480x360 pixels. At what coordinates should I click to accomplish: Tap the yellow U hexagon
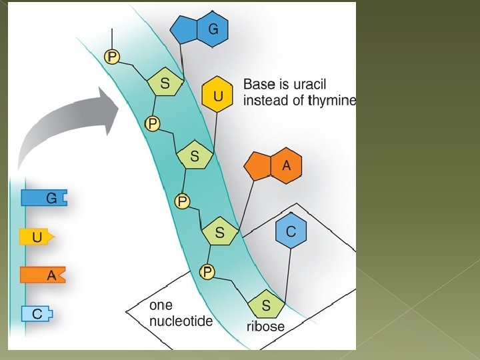[x=217, y=96]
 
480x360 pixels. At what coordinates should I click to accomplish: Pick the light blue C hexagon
[x=291, y=231]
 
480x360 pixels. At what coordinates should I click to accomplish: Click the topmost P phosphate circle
[x=112, y=57]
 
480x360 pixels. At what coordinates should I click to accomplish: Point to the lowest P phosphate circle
[x=207, y=271]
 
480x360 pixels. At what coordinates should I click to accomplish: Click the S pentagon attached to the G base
[x=165, y=83]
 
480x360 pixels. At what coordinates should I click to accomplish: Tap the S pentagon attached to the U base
[x=194, y=156]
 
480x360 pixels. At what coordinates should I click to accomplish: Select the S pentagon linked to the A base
[x=219, y=233]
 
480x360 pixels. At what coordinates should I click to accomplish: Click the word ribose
[x=265, y=327]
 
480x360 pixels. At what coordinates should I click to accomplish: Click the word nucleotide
[x=181, y=321]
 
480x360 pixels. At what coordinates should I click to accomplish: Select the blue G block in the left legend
[x=44, y=198]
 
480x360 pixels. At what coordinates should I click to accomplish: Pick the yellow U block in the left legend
[x=37, y=237]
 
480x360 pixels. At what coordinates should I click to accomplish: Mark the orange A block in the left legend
[x=43, y=275]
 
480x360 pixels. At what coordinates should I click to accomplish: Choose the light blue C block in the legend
[x=37, y=314]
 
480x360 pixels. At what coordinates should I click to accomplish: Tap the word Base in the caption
[x=257, y=85]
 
